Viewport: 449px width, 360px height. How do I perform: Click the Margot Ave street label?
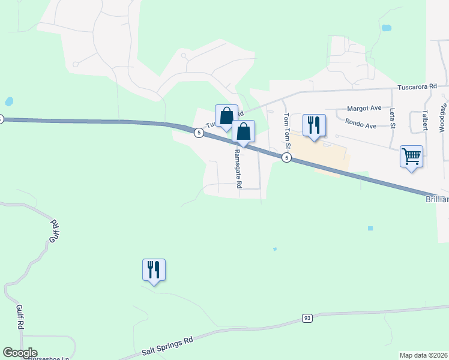364,109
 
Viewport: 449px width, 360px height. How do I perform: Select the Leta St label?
392,118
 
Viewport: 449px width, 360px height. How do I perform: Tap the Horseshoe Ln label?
48,358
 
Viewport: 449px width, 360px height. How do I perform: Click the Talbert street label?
425,119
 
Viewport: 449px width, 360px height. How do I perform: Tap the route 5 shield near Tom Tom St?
287,158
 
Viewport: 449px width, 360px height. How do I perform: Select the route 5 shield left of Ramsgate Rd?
198,133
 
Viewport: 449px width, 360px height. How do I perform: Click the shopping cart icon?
411,157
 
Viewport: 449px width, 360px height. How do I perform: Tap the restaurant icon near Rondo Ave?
314,125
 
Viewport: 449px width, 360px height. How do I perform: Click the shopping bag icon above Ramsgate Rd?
243,132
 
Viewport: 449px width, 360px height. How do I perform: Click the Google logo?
20,353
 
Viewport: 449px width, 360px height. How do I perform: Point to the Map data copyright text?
424,355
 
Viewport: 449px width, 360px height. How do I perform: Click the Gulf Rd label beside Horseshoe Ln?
20,316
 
